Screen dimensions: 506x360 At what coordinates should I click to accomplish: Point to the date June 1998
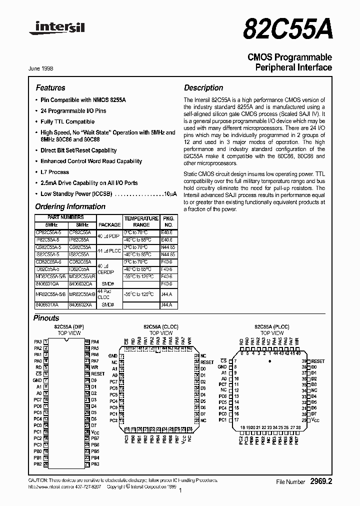click(41, 67)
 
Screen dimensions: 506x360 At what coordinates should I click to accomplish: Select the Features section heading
click(50, 87)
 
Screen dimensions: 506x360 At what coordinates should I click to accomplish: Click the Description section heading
click(203, 87)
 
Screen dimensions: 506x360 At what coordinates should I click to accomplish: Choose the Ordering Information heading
click(63, 206)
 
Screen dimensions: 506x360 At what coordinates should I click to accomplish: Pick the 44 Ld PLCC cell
click(109, 251)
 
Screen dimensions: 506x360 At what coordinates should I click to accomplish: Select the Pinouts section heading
click(46, 318)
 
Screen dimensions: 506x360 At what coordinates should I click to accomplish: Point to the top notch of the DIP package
click(66, 340)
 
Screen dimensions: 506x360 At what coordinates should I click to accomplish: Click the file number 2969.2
click(320, 482)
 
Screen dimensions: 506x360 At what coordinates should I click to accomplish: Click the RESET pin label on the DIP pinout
click(98, 373)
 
